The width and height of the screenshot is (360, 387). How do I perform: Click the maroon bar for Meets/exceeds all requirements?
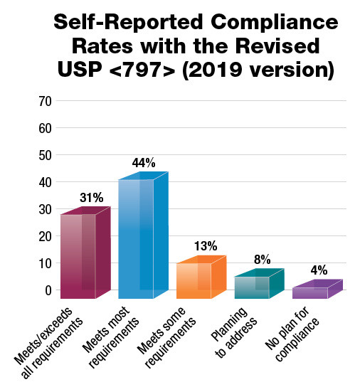point(78,256)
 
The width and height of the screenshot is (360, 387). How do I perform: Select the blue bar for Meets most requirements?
point(136,238)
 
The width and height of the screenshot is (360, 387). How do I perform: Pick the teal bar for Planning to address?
point(252,287)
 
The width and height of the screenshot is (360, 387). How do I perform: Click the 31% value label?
point(90,197)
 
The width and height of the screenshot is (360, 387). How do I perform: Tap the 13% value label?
point(206,246)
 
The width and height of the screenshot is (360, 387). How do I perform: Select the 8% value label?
point(263,260)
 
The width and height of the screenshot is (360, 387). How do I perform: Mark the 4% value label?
point(321,270)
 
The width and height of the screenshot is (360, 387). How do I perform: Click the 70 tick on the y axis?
point(45,101)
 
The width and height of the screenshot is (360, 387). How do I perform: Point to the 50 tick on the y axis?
point(45,155)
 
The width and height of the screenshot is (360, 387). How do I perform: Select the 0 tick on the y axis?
point(48,290)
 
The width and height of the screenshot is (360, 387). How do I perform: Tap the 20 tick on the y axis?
point(45,236)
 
